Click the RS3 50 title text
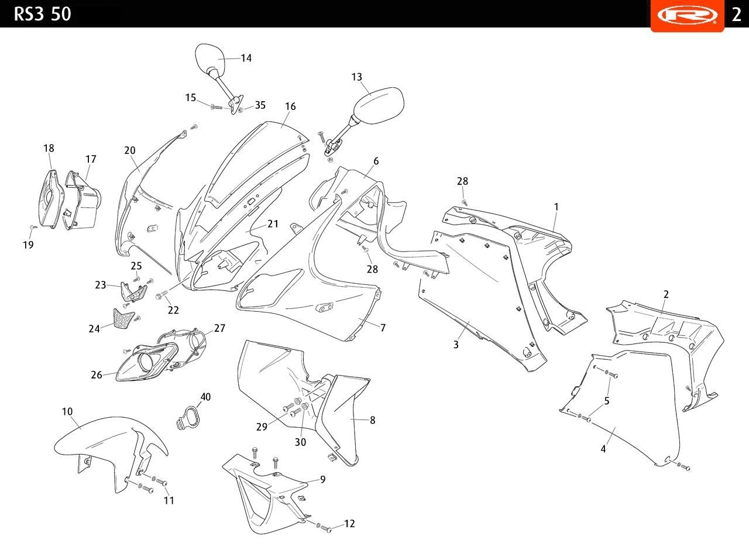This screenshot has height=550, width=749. click(43, 14)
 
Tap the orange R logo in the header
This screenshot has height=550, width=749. click(687, 15)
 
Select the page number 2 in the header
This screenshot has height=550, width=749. click(737, 15)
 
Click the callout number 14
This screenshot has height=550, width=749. click(246, 58)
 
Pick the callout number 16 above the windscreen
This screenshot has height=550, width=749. click(290, 106)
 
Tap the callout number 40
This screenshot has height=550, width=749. click(205, 397)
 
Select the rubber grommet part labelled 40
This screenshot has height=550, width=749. click(188, 418)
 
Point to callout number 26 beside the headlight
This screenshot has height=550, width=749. click(97, 375)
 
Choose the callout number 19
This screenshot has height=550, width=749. click(29, 245)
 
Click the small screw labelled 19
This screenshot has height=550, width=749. click(33, 227)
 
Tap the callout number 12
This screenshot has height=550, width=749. click(349, 524)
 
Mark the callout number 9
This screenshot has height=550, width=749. click(322, 479)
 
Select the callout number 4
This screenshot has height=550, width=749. click(603, 449)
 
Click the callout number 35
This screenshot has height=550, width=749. click(260, 105)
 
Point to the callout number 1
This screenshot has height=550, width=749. click(556, 207)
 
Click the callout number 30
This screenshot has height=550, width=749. click(300, 442)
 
